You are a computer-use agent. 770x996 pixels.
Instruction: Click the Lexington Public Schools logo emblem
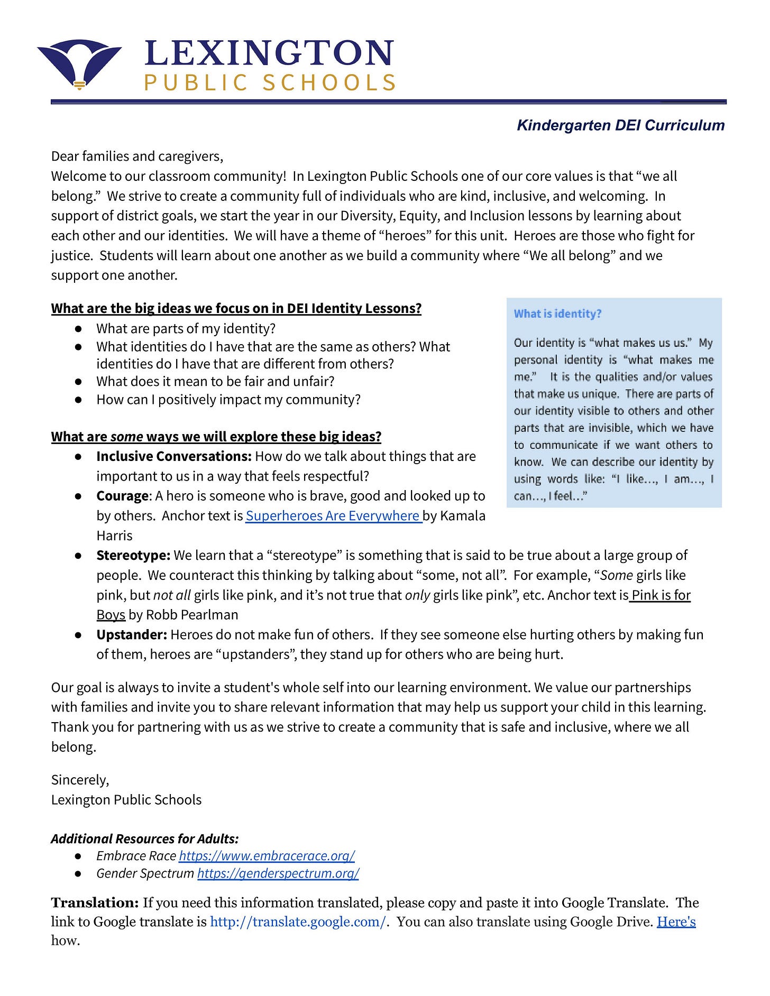pyautogui.click(x=79, y=63)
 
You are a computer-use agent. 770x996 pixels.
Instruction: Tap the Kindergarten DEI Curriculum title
pyautogui.click(x=620, y=125)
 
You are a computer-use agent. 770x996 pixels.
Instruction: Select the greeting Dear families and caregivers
pyautogui.click(x=137, y=156)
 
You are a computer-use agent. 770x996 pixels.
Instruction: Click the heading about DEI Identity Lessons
pyautogui.click(x=236, y=308)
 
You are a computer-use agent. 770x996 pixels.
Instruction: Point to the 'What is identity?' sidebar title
pyautogui.click(x=557, y=313)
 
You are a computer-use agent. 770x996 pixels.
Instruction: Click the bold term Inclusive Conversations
pyautogui.click(x=173, y=456)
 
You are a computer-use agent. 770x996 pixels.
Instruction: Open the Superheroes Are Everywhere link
pyautogui.click(x=333, y=515)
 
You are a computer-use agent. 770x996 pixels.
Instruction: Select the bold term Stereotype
pyautogui.click(x=133, y=555)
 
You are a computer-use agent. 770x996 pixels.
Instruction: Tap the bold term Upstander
pyautogui.click(x=132, y=634)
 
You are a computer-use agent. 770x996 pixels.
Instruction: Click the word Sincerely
pyautogui.click(x=80, y=780)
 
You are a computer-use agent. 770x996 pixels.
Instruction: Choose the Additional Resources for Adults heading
pyautogui.click(x=145, y=838)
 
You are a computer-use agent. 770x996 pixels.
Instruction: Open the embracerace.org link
pyautogui.click(x=267, y=855)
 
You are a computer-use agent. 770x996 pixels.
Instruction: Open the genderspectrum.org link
pyautogui.click(x=278, y=873)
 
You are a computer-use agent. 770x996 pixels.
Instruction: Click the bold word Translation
pyautogui.click(x=95, y=902)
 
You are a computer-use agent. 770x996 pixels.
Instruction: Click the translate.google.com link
pyautogui.click(x=298, y=921)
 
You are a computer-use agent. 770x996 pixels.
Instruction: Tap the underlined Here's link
pyautogui.click(x=676, y=921)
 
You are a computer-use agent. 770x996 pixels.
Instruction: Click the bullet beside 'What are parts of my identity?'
pyautogui.click(x=78, y=328)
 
